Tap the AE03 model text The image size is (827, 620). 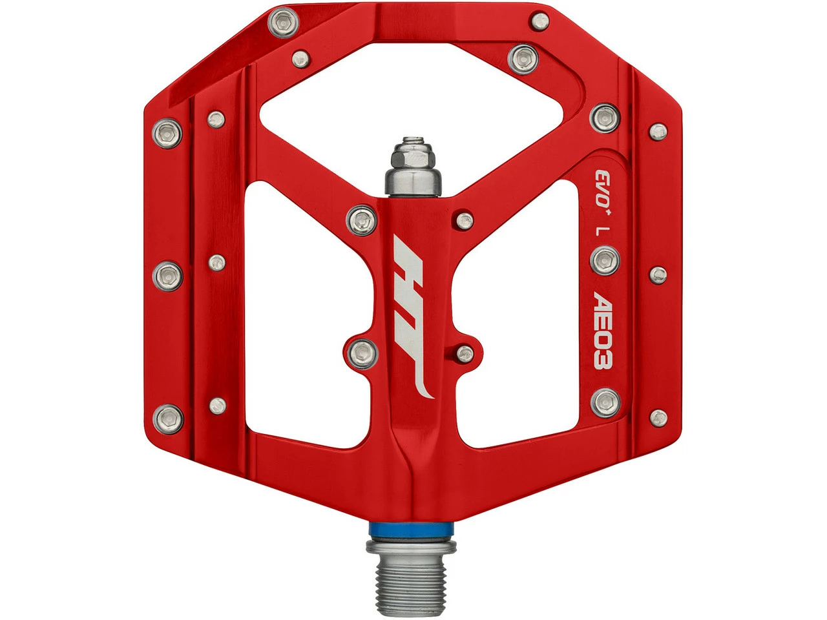604,331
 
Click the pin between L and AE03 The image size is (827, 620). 605,260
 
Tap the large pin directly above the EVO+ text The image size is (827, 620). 605,116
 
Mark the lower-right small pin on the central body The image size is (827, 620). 463,352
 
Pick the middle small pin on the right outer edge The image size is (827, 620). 658,274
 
